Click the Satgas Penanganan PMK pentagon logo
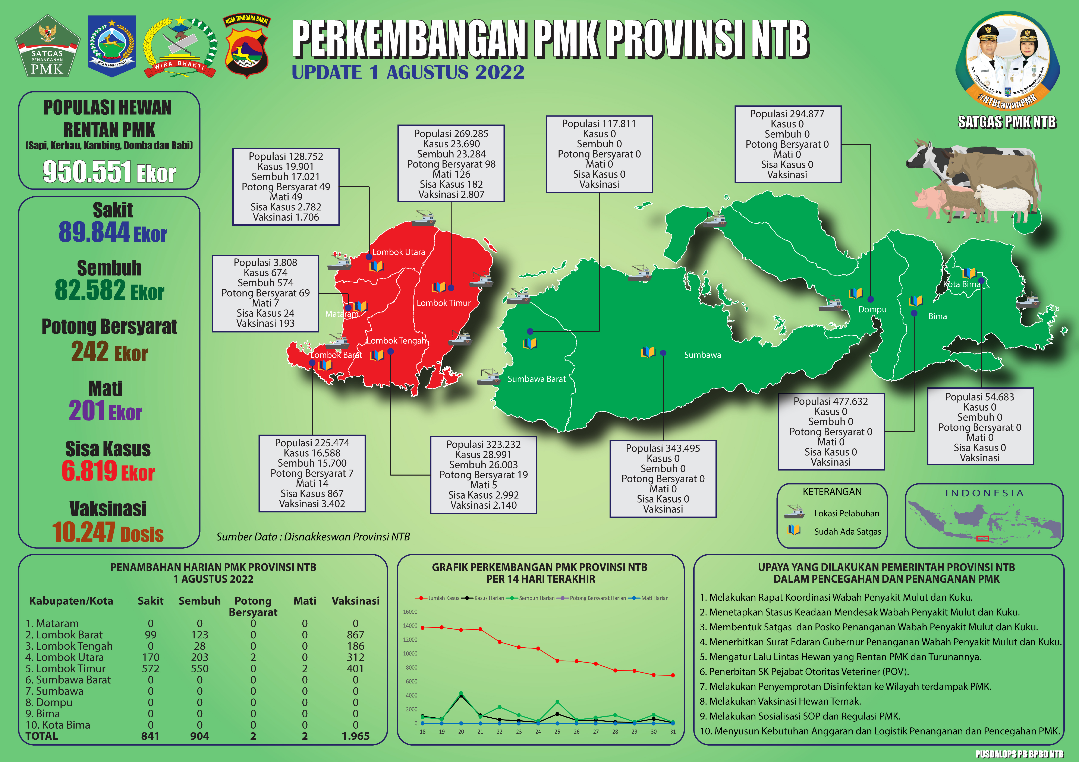[47, 47]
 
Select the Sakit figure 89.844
[94, 232]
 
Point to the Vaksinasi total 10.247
[85, 532]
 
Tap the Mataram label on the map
[341, 314]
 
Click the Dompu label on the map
[872, 309]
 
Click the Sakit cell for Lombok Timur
[150, 669]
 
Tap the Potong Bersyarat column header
[253, 606]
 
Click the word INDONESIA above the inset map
[984, 493]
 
